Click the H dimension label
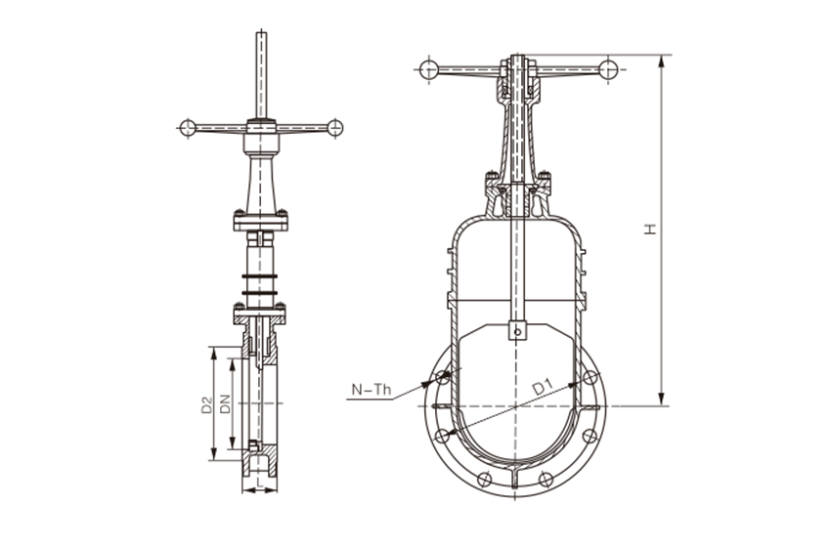(x=650, y=229)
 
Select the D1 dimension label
(x=543, y=387)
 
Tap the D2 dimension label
(x=206, y=405)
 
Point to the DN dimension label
(x=225, y=403)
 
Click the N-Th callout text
(x=372, y=390)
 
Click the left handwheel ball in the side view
(x=188, y=128)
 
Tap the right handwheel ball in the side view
(x=335, y=128)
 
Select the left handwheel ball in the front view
(x=429, y=69)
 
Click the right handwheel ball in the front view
(x=608, y=69)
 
